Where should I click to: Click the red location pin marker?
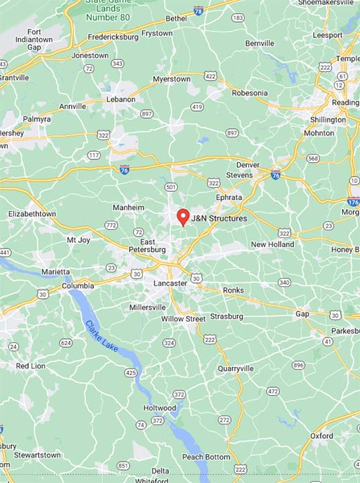point(183,217)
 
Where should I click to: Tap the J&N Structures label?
point(219,218)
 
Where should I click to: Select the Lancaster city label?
point(170,283)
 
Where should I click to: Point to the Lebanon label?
point(121,99)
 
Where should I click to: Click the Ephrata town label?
point(229,197)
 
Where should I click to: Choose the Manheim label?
point(129,207)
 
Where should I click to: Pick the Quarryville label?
point(236,368)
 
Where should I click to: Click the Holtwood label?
point(160,408)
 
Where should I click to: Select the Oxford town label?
point(321,436)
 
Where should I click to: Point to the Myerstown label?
point(171,79)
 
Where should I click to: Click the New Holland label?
point(272,244)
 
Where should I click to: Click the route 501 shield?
point(171,186)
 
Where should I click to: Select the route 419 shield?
point(197,106)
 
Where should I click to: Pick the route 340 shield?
point(284,282)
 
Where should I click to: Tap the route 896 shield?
point(298,365)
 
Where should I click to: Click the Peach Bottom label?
point(206,457)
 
